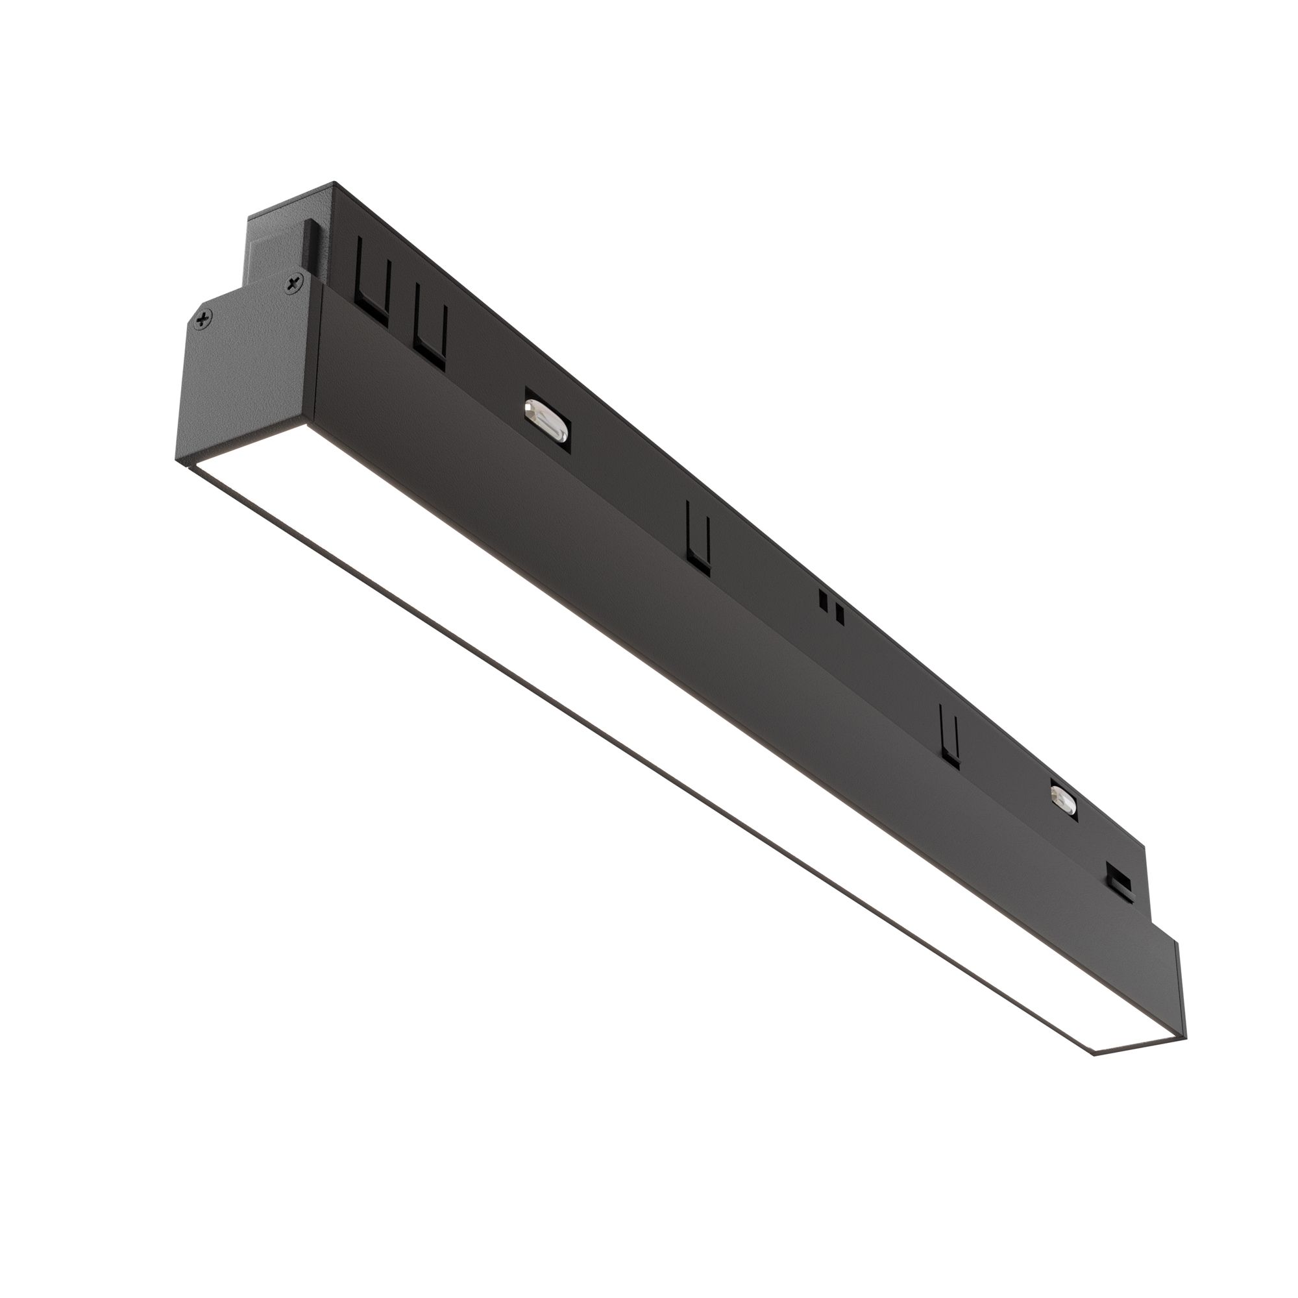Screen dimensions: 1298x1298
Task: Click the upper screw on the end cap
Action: click(293, 285)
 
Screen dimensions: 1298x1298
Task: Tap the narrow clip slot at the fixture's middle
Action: click(698, 537)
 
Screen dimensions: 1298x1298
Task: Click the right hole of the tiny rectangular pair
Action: click(838, 611)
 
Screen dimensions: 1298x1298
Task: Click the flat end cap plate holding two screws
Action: click(249, 376)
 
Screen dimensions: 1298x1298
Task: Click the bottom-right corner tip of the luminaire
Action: click(1186, 1035)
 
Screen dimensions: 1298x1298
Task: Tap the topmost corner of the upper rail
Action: click(334, 183)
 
